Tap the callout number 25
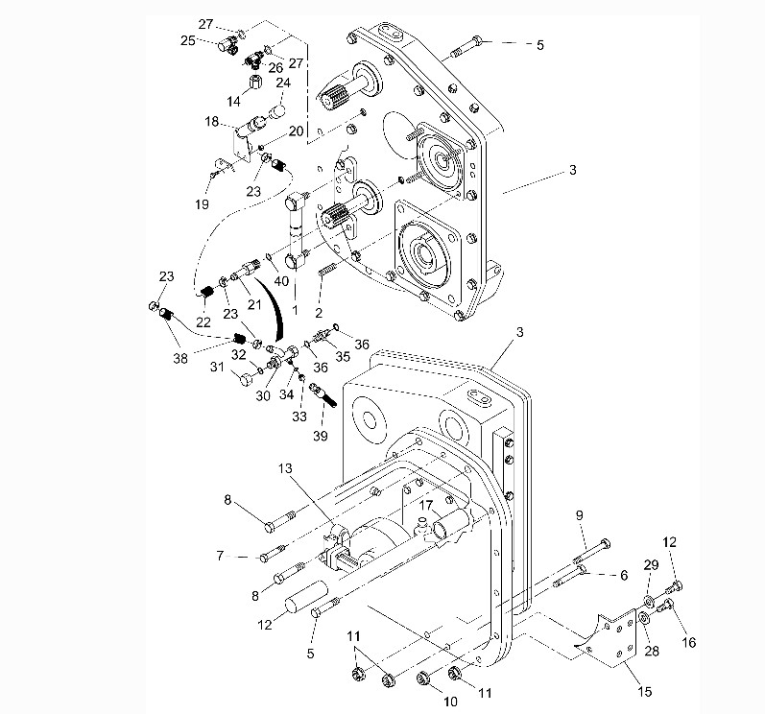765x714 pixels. pos(187,40)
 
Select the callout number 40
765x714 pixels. pos(281,281)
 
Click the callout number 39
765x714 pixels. pos(320,436)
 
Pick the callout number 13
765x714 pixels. pos(284,467)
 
